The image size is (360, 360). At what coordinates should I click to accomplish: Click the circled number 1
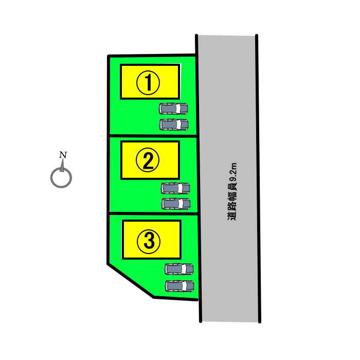pos(148,82)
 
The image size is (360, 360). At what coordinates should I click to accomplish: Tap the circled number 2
pos(148,160)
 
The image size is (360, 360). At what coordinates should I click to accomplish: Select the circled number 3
pos(149,242)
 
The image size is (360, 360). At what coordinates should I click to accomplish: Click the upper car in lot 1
pos(173,109)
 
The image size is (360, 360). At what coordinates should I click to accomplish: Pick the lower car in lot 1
pos(174,124)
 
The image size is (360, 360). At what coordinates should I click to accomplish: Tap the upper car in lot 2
pos(175,189)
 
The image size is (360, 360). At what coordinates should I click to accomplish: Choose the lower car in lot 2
pos(176,204)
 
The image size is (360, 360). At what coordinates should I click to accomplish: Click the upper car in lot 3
pos(179,269)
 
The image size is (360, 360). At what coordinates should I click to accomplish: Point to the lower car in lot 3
pos(179,286)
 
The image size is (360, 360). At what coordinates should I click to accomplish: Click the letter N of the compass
pos(63,155)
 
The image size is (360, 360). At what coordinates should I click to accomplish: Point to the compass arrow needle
pos(62,166)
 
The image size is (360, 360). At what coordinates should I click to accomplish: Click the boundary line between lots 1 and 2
pos(153,136)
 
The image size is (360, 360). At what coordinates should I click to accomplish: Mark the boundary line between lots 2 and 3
pos(153,214)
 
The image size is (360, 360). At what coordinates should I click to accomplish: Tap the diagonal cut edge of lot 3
pos(131,281)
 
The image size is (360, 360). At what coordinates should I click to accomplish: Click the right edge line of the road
pos(258,178)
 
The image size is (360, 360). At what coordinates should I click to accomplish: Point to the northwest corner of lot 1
pos(109,56)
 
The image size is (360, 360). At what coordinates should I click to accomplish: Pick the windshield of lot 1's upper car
pos(178,109)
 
